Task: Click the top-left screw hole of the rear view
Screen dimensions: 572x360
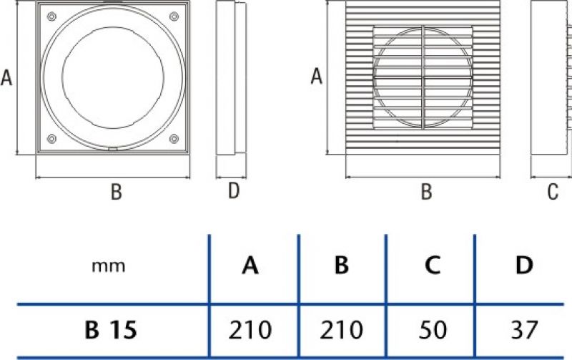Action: pos(51,16)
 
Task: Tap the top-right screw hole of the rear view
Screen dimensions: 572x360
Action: pos(174,16)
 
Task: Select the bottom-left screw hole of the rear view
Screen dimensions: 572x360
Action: pos(51,139)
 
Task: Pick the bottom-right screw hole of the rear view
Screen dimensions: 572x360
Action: pos(174,139)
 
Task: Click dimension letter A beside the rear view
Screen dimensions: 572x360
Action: pos(6,77)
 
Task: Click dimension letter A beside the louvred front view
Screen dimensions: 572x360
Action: pos(316,77)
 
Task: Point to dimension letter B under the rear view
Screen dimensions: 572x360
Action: pos(116,192)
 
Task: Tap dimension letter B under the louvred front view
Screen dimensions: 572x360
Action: pos(426,192)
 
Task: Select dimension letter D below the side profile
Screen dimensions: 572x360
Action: pos(234,190)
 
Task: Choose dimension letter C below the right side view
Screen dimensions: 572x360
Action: pos(553,192)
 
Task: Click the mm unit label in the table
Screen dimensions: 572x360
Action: pos(109,266)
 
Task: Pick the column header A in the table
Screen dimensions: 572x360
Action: pos(250,266)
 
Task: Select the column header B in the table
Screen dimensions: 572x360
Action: pos(342,266)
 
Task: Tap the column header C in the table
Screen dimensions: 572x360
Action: pos(433,266)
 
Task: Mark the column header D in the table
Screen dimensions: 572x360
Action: pos(524,266)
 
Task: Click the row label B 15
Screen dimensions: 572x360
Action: pos(111,330)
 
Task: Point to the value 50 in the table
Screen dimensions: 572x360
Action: pos(433,330)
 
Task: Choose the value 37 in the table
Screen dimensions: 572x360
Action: pos(524,330)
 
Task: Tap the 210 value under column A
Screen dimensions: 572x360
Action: pos(250,330)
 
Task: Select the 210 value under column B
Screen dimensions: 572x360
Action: pos(342,330)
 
